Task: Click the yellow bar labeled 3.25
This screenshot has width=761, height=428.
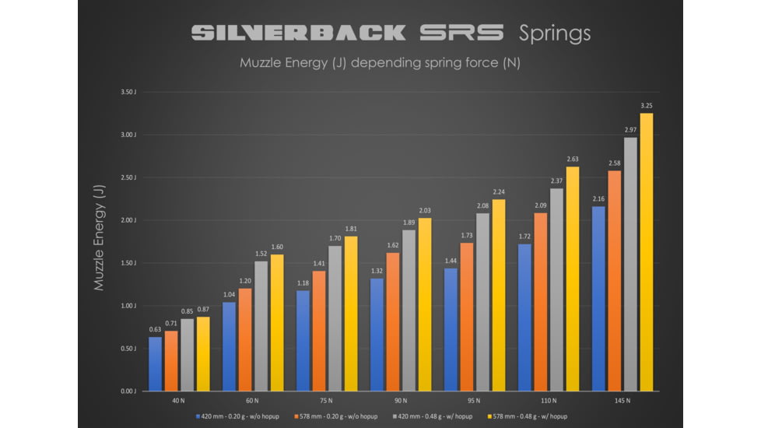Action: pos(647,252)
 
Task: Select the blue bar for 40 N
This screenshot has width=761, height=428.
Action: pos(156,363)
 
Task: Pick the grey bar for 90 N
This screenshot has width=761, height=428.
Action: pos(409,310)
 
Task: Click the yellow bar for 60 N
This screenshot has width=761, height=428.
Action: pos(277,323)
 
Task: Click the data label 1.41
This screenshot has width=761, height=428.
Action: pos(319,264)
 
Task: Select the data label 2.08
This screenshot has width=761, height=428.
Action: pos(482,205)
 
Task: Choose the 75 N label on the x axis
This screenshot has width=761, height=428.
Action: pos(327,401)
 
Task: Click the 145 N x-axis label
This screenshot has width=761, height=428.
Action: pos(622,401)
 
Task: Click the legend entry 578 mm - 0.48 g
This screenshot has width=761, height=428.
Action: pos(527,416)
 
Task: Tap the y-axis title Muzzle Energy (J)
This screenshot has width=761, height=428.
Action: pos(99,237)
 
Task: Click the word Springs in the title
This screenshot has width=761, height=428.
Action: pos(555,33)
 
